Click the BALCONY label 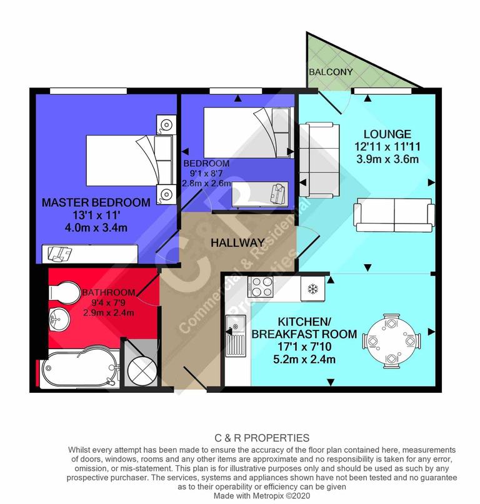pos(331,72)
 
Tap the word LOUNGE pos(387,134)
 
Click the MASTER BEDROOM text pos(96,202)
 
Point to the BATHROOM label pos(108,292)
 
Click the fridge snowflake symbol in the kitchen pos(312,288)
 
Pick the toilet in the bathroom pos(62,293)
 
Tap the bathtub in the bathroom pos(79,370)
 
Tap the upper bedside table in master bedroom pos(166,124)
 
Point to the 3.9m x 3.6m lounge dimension pos(387,159)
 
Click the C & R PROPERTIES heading pos(262,438)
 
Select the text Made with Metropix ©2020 pos(262,495)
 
